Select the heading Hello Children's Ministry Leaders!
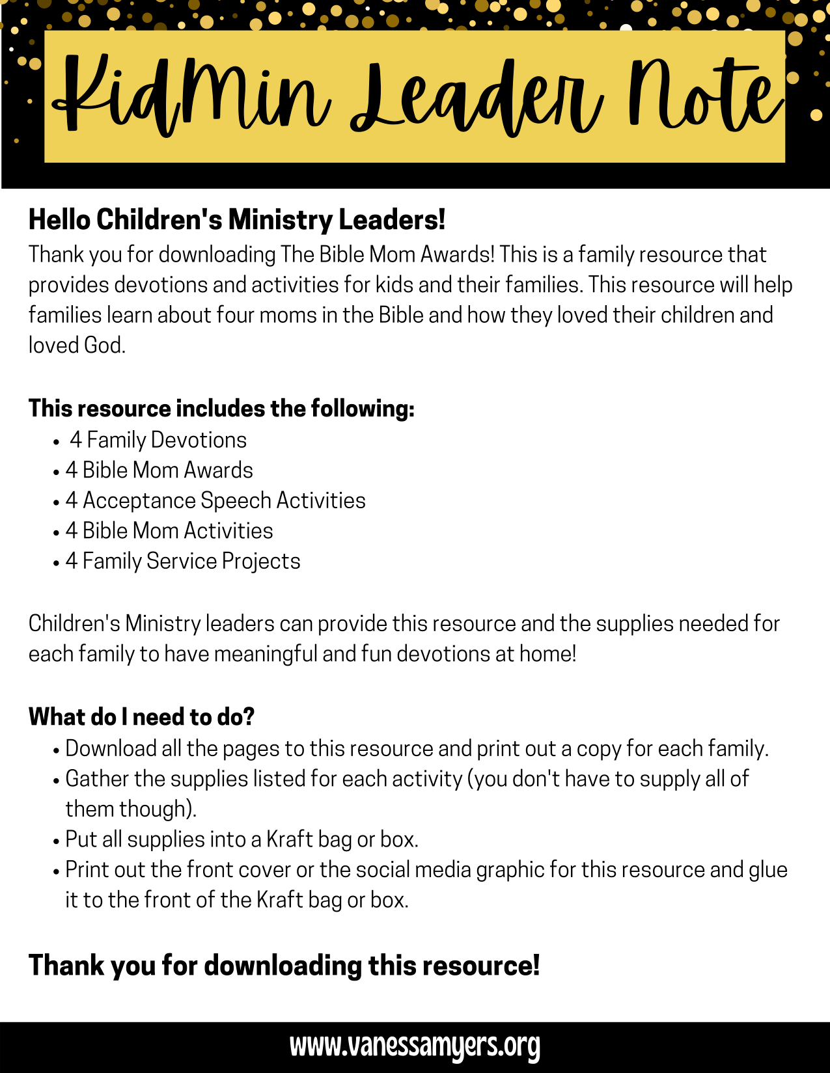237,220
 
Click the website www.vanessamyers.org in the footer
415,1046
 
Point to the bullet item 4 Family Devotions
158,440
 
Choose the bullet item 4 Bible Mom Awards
159,470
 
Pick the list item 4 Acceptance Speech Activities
215,500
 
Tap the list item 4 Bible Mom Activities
169,530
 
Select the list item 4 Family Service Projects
183,561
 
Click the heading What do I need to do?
141,716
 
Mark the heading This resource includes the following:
221,409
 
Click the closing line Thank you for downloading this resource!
284,965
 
